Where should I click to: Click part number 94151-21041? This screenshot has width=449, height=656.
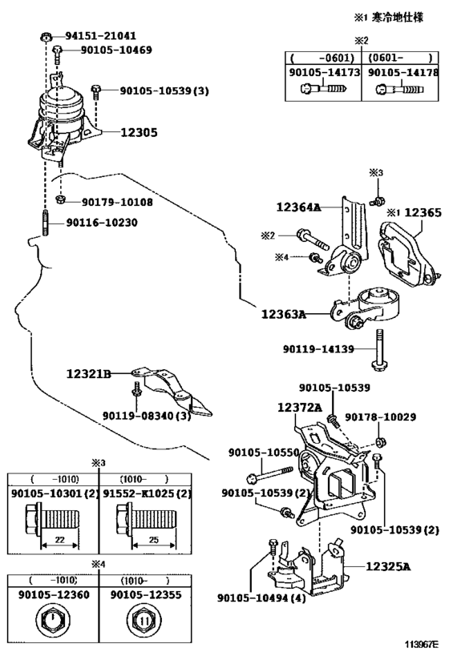[x=100, y=36]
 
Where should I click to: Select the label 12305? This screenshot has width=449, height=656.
[x=139, y=133]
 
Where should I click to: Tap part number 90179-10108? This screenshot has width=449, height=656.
[x=117, y=203]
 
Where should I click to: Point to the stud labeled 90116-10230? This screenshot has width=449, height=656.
[x=45, y=223]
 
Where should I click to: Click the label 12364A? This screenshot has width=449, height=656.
[x=298, y=207]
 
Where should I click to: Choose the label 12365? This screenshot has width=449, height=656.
[x=423, y=212]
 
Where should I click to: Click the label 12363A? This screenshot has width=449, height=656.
[x=284, y=314]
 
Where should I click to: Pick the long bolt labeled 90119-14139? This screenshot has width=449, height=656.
[x=378, y=350]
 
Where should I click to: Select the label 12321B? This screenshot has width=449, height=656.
[x=89, y=373]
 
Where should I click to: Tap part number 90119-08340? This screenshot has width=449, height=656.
[x=138, y=416]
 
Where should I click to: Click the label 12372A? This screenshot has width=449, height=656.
[x=300, y=407]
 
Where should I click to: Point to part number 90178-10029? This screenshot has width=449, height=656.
[x=380, y=417]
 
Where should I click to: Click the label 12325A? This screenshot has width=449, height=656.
[x=388, y=566]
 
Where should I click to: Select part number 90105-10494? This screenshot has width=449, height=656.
[x=253, y=598]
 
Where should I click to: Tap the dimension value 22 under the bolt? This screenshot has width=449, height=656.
[x=60, y=540]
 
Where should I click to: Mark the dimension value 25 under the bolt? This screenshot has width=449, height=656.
[x=154, y=540]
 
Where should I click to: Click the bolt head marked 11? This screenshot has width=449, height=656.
[x=144, y=620]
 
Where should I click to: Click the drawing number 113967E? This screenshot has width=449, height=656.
[x=421, y=643]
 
